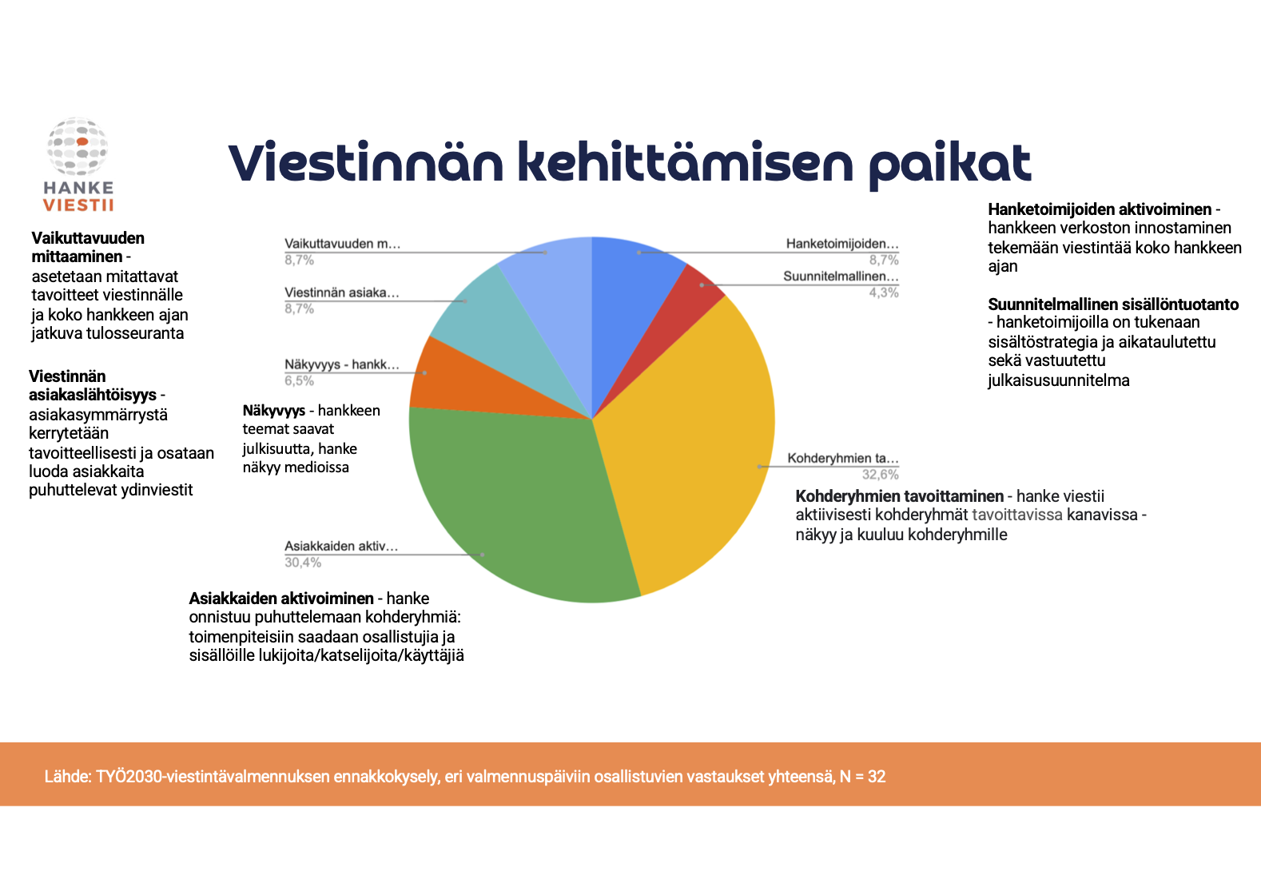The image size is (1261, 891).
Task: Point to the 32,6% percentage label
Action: [x=880, y=475]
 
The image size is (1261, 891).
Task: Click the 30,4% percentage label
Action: [x=303, y=563]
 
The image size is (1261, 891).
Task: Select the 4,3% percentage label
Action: [x=884, y=292]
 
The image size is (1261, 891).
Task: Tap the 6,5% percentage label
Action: [x=299, y=380]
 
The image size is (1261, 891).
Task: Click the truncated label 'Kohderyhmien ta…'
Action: [x=843, y=458]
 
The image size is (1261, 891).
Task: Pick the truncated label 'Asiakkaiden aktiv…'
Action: [x=341, y=546]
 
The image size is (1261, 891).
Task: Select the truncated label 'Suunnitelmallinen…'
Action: [x=841, y=276]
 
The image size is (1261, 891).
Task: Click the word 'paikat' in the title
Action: [x=949, y=164]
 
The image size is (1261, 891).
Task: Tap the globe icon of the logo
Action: [x=78, y=146]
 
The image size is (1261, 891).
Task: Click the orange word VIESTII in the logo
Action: [x=78, y=205]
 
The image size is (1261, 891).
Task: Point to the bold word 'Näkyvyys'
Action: [x=274, y=412]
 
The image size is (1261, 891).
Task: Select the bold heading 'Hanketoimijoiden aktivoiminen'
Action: [x=1100, y=209]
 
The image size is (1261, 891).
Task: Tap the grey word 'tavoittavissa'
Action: [x=1017, y=515]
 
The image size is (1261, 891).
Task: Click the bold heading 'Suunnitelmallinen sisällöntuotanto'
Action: [x=1113, y=304]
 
